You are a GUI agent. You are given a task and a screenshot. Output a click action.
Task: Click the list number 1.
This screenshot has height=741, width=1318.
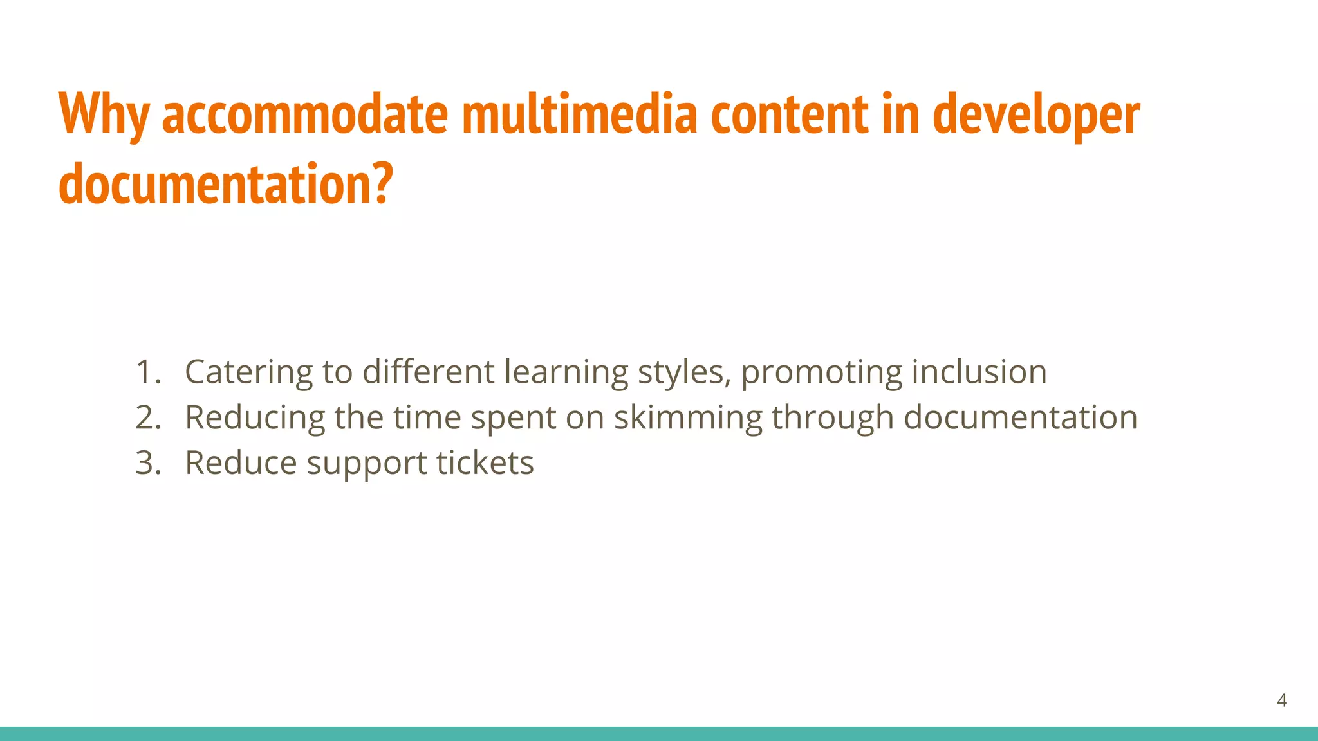147,372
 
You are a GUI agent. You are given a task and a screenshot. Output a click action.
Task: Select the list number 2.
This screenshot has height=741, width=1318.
147,417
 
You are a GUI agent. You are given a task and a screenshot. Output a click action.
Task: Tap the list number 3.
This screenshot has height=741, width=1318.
147,463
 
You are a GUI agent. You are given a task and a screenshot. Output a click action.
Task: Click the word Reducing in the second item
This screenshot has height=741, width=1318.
255,418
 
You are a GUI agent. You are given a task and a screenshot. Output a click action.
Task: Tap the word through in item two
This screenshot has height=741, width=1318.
833,418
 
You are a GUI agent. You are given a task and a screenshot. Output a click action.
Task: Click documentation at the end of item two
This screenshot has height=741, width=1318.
1021,417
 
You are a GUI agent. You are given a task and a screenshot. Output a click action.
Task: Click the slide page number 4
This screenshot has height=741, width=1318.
1281,700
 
